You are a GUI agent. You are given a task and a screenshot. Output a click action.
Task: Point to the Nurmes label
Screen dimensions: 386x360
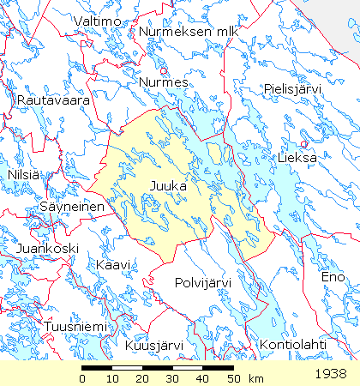click(163, 82)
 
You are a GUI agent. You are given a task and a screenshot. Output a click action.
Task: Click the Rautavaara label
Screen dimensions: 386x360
click(53, 100)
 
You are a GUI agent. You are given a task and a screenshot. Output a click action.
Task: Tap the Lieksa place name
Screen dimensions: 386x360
click(297, 159)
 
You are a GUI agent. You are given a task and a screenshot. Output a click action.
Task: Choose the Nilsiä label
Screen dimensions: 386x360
click(23, 175)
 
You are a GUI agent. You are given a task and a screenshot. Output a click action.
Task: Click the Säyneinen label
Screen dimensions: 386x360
click(72, 207)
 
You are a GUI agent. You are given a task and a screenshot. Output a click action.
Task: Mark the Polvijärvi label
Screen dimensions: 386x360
click(207, 282)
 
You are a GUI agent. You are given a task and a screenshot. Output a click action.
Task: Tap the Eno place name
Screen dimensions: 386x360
click(333, 277)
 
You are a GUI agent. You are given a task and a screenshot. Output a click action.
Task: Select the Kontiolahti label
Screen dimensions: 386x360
click(292, 346)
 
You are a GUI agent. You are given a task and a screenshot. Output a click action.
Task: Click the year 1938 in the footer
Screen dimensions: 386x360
click(331, 374)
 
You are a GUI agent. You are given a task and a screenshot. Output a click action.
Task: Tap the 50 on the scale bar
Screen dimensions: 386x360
click(231, 378)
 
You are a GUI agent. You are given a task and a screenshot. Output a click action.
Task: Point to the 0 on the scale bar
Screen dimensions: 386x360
click(82, 378)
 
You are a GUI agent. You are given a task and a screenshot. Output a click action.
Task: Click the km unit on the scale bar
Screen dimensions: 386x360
click(255, 378)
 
